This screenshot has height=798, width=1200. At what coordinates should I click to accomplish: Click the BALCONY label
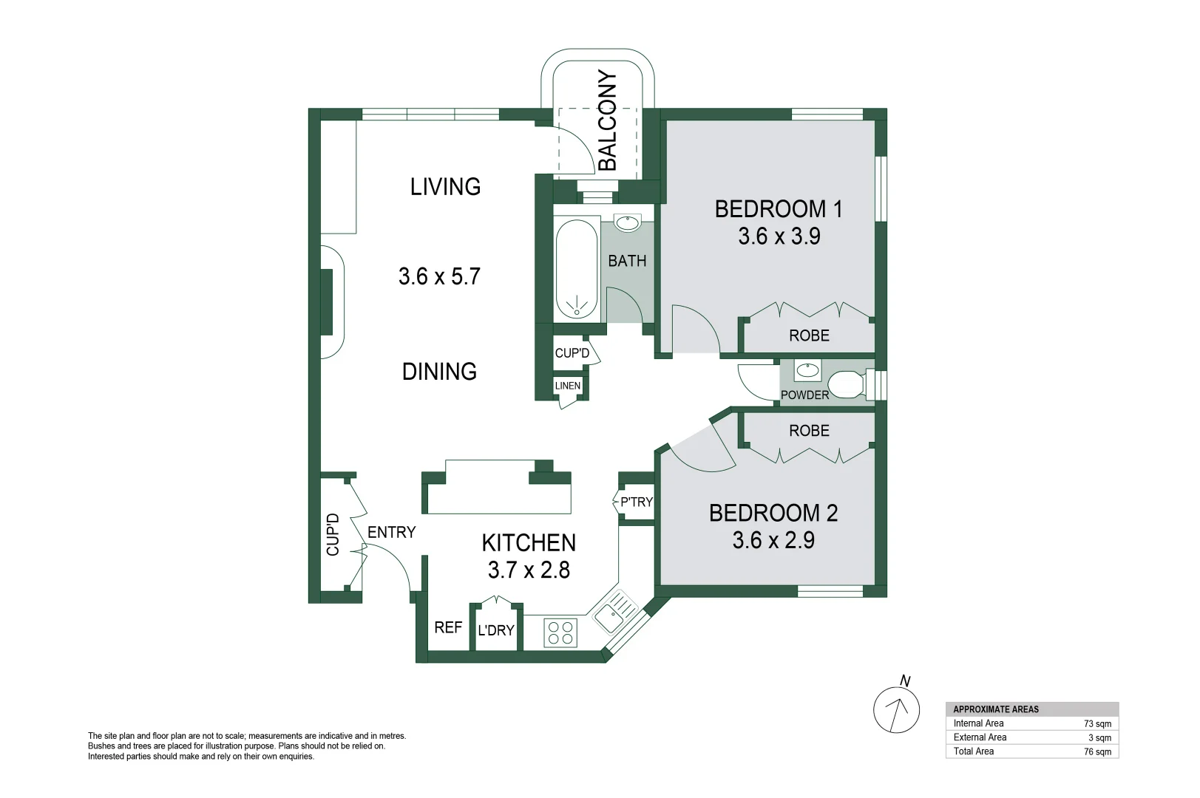[607, 120]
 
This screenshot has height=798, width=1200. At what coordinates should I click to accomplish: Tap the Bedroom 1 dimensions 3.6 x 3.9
[779, 236]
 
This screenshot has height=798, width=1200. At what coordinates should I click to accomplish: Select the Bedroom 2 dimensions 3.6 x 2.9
[773, 540]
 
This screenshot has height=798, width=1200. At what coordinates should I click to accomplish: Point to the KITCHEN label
[529, 543]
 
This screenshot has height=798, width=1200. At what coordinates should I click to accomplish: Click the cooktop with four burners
[560, 633]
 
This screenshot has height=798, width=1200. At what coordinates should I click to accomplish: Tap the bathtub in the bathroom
[576, 269]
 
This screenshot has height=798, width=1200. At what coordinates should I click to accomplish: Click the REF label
[448, 627]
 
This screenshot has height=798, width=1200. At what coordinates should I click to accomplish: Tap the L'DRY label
[495, 630]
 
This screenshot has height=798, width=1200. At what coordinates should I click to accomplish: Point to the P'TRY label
[636, 502]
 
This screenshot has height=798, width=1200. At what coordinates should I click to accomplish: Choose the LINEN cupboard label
[568, 386]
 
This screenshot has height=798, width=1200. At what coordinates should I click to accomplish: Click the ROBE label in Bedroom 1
[809, 335]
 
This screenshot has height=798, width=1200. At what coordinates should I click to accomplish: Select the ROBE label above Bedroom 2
[809, 431]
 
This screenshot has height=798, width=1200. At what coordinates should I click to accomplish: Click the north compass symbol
[897, 709]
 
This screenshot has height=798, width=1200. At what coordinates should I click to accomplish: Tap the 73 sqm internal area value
[1097, 724]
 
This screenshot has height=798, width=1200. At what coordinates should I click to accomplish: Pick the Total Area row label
[973, 751]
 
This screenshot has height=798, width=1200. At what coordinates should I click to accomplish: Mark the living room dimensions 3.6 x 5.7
[439, 276]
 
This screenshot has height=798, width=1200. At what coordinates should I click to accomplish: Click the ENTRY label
[391, 532]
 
